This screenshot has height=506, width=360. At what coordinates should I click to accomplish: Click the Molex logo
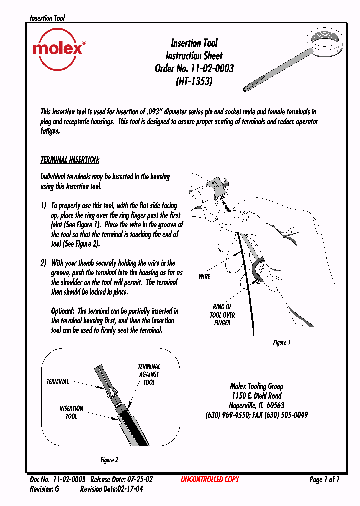click(x=58, y=49)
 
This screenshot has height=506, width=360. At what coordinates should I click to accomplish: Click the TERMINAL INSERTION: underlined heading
click(x=70, y=160)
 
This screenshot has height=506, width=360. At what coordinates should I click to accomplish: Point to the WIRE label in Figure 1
click(x=204, y=276)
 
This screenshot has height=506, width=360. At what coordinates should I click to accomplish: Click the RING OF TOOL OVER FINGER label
click(x=222, y=315)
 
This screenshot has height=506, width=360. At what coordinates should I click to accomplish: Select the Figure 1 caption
click(x=281, y=343)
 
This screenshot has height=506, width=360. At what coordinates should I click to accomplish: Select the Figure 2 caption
click(x=109, y=460)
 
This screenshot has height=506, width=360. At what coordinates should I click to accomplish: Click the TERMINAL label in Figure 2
click(x=58, y=382)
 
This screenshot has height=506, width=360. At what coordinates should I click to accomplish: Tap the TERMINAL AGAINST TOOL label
click(x=149, y=374)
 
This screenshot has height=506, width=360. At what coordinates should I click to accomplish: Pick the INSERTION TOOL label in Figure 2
click(x=71, y=412)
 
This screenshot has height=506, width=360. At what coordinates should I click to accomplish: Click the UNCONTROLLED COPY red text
click(x=210, y=480)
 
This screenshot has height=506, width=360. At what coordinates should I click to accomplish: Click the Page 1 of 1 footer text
click(x=324, y=480)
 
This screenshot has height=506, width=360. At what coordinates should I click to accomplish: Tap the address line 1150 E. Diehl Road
click(x=256, y=396)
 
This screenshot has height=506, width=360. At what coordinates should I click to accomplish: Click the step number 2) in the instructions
click(x=44, y=263)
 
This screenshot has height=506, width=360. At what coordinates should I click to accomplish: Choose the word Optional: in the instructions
click(x=63, y=311)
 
